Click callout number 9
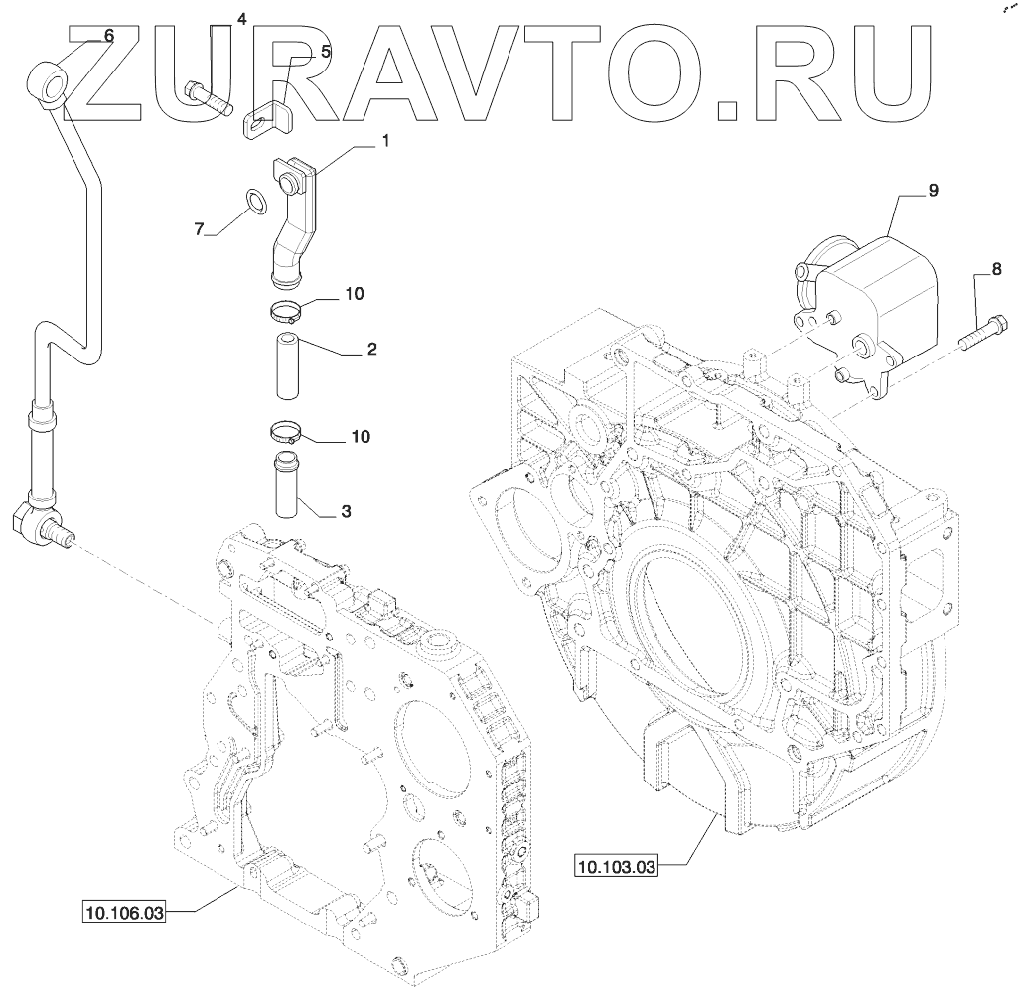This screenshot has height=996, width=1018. (933, 191)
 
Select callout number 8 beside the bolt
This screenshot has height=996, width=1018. (996, 268)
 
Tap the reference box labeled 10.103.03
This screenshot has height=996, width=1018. (616, 866)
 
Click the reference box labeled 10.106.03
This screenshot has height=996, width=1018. (123, 913)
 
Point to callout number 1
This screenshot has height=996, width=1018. (385, 141)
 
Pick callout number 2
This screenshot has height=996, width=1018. (371, 349)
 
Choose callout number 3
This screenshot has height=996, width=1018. (346, 511)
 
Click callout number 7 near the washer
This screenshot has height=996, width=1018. (199, 228)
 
